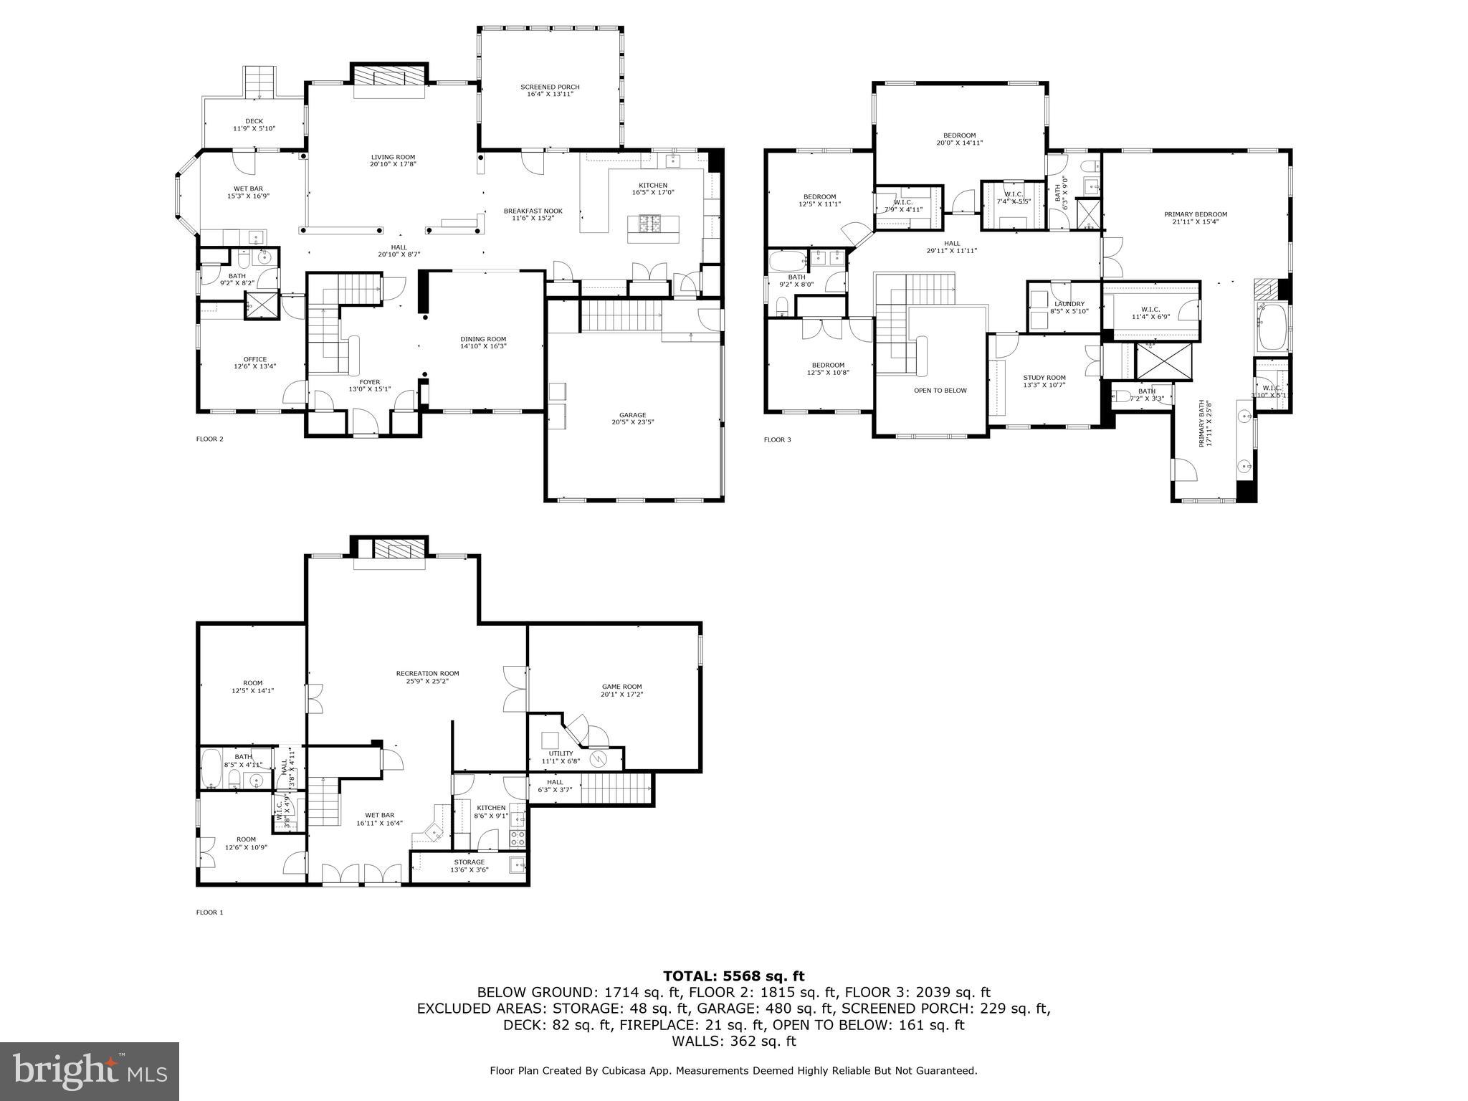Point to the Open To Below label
pyautogui.click(x=940, y=391)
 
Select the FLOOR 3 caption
pyautogui.click(x=777, y=439)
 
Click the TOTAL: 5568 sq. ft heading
pyautogui.click(x=733, y=976)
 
